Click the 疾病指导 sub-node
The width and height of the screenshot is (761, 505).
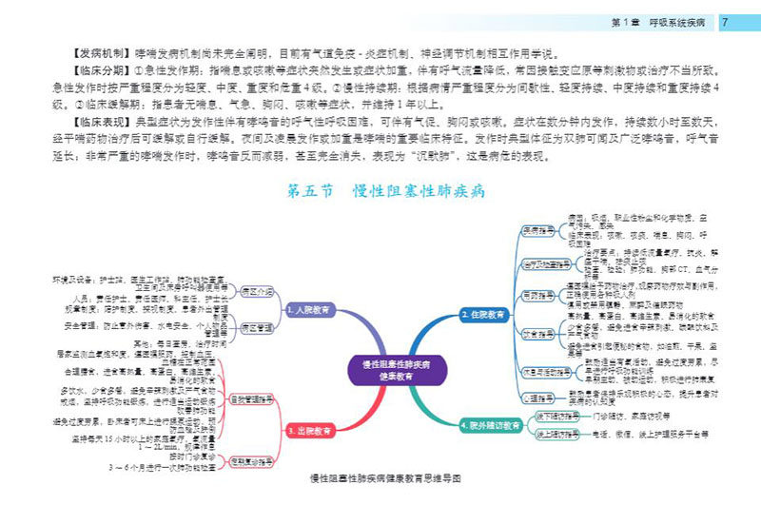538,231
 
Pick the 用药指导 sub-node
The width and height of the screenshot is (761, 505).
538,297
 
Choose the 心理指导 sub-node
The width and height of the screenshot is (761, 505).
538,398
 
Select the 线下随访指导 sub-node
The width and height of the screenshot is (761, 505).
557,416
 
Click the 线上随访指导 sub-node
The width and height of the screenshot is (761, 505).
557,434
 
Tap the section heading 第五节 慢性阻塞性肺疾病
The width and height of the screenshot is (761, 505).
386,191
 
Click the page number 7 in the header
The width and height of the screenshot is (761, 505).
726,21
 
